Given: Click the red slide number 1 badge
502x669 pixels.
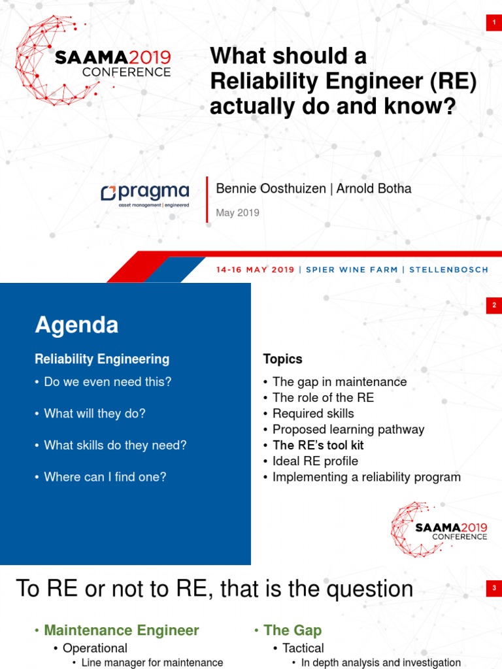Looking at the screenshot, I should tap(493, 24).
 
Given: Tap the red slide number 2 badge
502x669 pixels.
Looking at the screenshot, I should tap(493, 305).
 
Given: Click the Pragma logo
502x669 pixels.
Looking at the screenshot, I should tap(145, 194).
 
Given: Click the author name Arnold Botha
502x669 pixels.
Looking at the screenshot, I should tap(374, 189).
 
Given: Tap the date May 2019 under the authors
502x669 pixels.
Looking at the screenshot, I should tap(237, 212).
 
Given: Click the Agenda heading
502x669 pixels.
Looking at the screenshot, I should tap(76, 325).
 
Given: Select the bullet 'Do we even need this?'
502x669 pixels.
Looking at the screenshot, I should tap(107, 382).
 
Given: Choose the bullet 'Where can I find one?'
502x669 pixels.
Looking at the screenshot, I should tap(105, 477).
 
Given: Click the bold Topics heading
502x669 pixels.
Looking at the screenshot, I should tap(282, 359).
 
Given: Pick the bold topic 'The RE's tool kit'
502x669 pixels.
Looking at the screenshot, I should tap(318, 445).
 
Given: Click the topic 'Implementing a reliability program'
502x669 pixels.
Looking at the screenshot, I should tap(366, 477).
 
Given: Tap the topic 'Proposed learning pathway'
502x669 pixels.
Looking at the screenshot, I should tap(348, 429).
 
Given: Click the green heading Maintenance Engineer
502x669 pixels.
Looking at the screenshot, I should tap(121, 630).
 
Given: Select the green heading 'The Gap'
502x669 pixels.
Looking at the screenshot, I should tap(292, 630).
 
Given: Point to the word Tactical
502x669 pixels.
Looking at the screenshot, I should tap(303, 648).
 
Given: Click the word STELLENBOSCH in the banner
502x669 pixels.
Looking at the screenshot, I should tap(448, 270).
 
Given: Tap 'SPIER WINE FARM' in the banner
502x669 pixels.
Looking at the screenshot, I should tap(352, 270).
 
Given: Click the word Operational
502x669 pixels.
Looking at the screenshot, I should tap(95, 648).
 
